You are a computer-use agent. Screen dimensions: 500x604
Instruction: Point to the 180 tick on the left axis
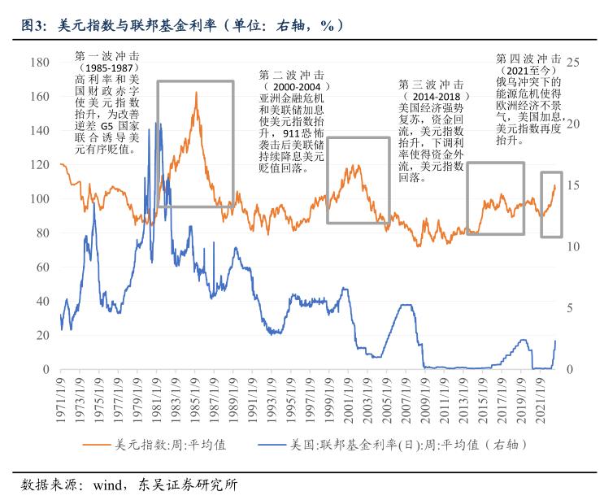[x=39, y=63]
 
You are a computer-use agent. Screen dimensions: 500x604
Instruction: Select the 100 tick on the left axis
[x=39, y=199]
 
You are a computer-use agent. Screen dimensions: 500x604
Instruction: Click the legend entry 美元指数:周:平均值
[x=159, y=445]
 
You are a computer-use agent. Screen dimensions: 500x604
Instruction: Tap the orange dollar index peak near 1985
[x=196, y=93]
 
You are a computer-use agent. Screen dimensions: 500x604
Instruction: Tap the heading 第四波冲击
[x=528, y=59]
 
